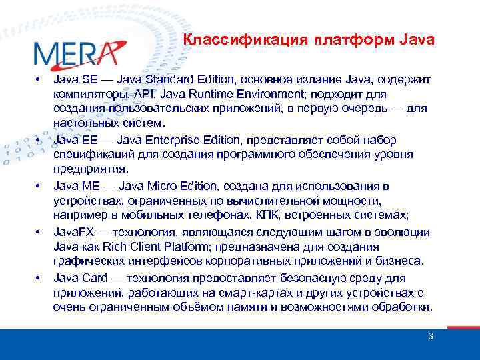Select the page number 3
pyautogui.click(x=430, y=336)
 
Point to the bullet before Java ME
pyautogui.click(x=38, y=185)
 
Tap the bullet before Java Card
pyautogui.click(x=38, y=277)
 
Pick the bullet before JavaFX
pyautogui.click(x=38, y=232)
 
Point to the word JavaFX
pyautogui.click(x=74, y=232)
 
